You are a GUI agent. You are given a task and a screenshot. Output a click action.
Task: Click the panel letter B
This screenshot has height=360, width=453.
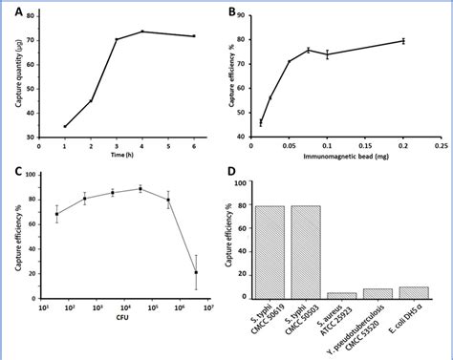point(233,12)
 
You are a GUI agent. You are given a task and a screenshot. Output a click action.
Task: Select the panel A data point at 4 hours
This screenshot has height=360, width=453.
point(142,32)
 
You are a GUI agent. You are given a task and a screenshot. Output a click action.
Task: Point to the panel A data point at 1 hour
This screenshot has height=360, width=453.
point(65,126)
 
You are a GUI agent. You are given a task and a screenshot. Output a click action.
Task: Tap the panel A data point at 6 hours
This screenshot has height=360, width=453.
point(195,36)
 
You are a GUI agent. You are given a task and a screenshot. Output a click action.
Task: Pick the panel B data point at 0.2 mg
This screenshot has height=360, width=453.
point(402,40)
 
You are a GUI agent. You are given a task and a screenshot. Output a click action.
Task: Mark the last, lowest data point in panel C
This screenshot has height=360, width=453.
point(196,272)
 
